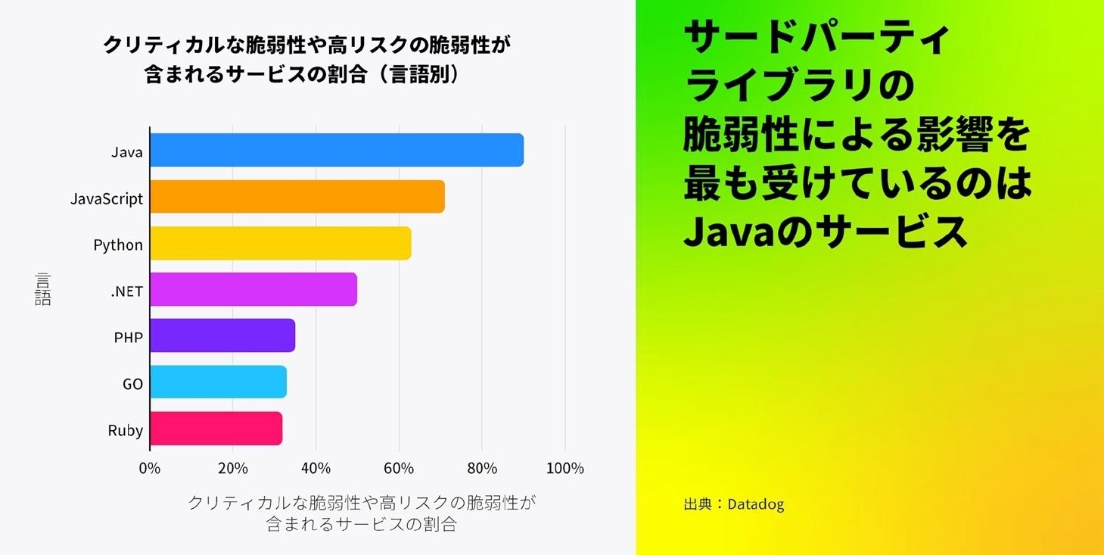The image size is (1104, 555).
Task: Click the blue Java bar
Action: tap(337, 150)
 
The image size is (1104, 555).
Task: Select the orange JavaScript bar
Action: tap(297, 197)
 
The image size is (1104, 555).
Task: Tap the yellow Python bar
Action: tap(281, 243)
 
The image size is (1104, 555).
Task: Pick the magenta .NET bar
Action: tap(253, 289)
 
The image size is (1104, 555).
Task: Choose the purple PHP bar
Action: tap(222, 335)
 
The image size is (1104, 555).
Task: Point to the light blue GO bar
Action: tap(218, 382)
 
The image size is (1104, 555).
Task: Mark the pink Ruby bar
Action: tap(216, 429)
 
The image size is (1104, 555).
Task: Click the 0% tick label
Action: tap(150, 469)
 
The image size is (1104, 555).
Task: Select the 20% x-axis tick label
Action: tap(233, 469)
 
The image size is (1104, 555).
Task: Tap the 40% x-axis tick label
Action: tap(316, 469)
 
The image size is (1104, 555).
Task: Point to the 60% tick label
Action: tap(399, 469)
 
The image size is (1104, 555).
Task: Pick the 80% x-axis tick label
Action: tap(482, 469)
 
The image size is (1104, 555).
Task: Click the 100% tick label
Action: tap(564, 469)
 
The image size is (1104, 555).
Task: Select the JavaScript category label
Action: tap(107, 199)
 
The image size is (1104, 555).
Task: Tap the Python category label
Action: tap(118, 245)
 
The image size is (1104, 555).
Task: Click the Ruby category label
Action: tap(126, 431)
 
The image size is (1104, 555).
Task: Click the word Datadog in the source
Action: tap(755, 504)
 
